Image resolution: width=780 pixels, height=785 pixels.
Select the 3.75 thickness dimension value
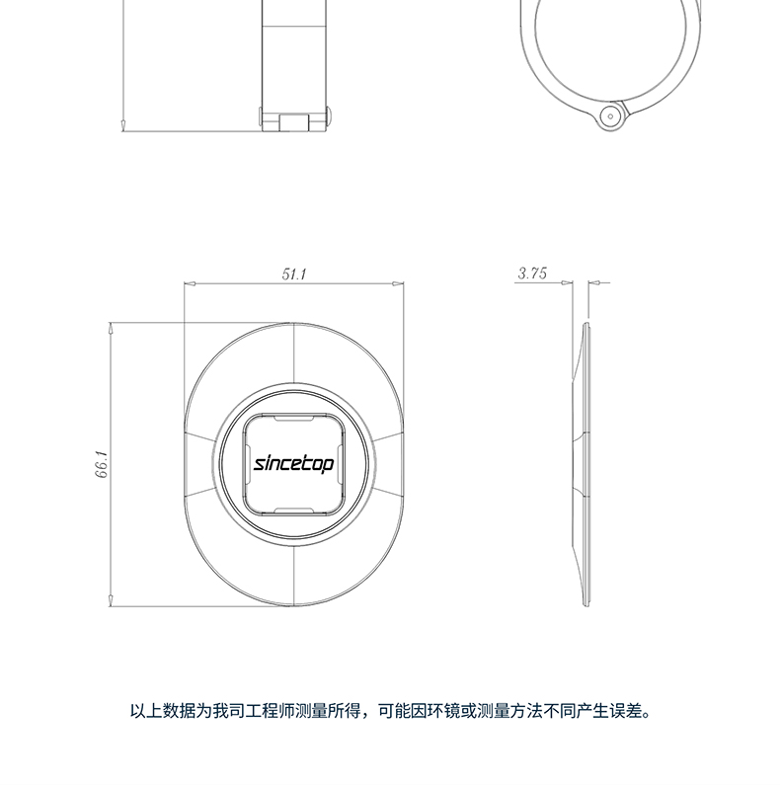point(531,275)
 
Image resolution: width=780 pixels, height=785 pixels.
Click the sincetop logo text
point(294,463)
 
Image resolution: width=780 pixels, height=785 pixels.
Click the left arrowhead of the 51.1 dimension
point(189,284)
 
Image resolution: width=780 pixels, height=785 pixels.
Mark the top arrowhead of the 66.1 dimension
point(112,328)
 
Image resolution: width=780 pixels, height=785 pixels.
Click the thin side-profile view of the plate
point(585,464)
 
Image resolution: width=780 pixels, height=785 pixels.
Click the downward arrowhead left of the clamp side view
point(121,123)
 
